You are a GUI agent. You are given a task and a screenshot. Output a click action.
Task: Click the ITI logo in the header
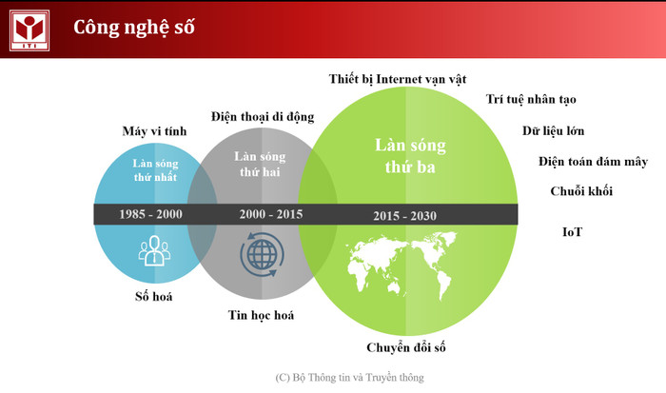coord(29,29)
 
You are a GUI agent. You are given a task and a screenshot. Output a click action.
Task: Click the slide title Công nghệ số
coord(133,28)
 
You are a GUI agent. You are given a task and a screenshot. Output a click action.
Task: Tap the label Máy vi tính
coord(154,130)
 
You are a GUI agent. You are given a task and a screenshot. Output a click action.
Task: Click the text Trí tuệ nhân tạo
coord(531,99)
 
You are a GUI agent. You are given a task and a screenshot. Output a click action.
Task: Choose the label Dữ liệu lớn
coord(553,130)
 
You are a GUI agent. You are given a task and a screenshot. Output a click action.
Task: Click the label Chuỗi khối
coord(581,191)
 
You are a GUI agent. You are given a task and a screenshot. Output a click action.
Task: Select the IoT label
coord(572,231)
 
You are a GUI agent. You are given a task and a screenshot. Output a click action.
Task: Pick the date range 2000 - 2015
coord(271,214)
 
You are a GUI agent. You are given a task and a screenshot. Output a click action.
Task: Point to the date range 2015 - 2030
coord(405,216)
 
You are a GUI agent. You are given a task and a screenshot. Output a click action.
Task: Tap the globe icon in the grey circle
coord(261,254)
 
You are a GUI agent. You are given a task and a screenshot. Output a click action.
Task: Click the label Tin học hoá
coord(261,315)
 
